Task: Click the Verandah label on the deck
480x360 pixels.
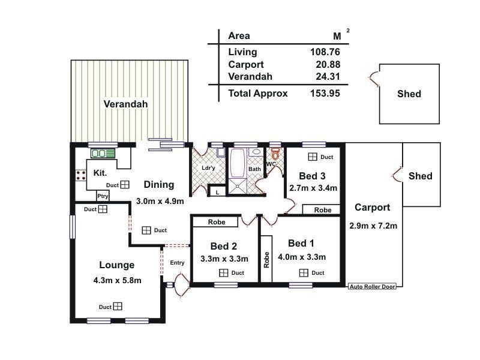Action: pos(125,104)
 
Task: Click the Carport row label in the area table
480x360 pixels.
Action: pos(246,64)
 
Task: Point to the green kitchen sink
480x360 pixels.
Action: pos(103,154)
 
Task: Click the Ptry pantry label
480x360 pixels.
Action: pos(103,196)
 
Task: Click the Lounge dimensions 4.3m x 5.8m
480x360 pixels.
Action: pos(117,280)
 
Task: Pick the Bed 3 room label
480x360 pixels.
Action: pos(312,176)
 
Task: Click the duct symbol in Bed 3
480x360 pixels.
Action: pos(313,157)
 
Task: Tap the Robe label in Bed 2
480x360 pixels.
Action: pos(217,222)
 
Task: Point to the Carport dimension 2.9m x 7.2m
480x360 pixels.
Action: pos(373,226)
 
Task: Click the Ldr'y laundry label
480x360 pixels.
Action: pos(209,169)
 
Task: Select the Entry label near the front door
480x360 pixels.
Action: pos(177,263)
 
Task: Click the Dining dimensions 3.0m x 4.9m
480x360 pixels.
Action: pos(160,201)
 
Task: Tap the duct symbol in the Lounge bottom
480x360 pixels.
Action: pos(118,307)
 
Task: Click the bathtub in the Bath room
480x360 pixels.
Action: pos(237,161)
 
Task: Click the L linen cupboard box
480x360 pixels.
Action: pos(217,192)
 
